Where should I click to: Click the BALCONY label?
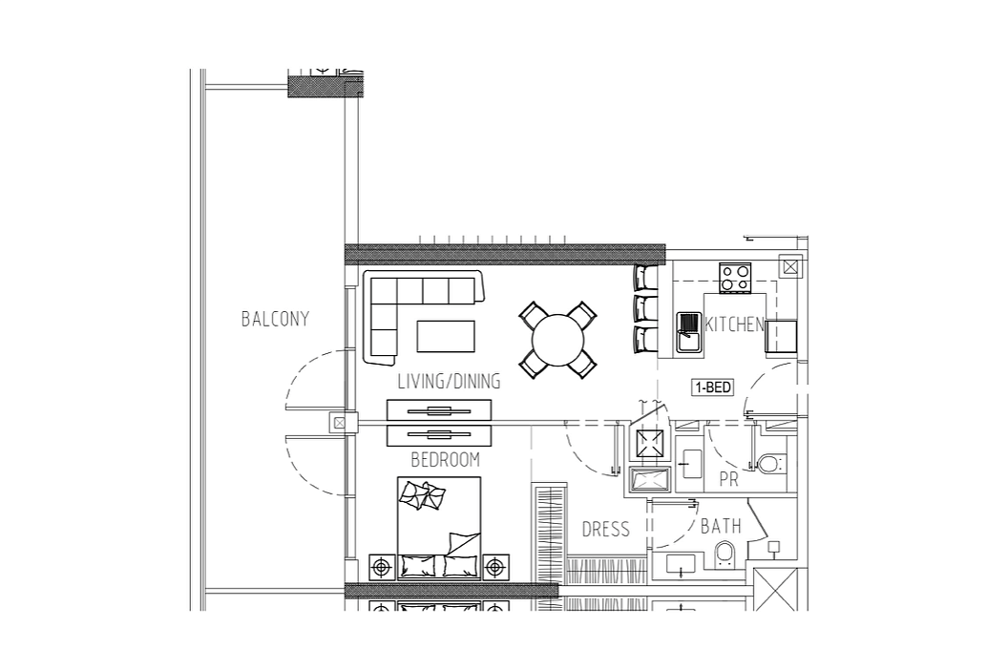pyautogui.click(x=275, y=319)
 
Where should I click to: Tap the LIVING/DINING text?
pyautogui.click(x=449, y=381)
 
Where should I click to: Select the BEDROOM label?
pyautogui.click(x=445, y=459)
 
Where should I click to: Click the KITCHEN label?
pyautogui.click(x=734, y=324)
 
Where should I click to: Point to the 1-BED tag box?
pyautogui.click(x=713, y=387)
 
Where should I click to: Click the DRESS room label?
pyautogui.click(x=605, y=530)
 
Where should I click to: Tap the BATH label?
pyautogui.click(x=721, y=526)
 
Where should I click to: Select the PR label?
pyautogui.click(x=728, y=479)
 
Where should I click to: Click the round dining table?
pyautogui.click(x=558, y=339)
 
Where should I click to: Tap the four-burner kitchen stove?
pyautogui.click(x=735, y=278)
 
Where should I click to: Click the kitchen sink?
pyautogui.click(x=688, y=332)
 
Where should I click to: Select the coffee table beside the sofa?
pyautogui.click(x=446, y=336)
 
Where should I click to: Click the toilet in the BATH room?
pyautogui.click(x=724, y=555)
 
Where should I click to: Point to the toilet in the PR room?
pyautogui.click(x=770, y=463)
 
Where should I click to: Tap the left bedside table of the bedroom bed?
pyautogui.click(x=382, y=567)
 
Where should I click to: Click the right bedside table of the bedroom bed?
pyautogui.click(x=494, y=567)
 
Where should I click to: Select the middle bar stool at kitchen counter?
pyautogui.click(x=646, y=308)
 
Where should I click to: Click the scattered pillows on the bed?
pyautogui.click(x=422, y=495)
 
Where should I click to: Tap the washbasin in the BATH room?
pyautogui.click(x=681, y=565)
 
